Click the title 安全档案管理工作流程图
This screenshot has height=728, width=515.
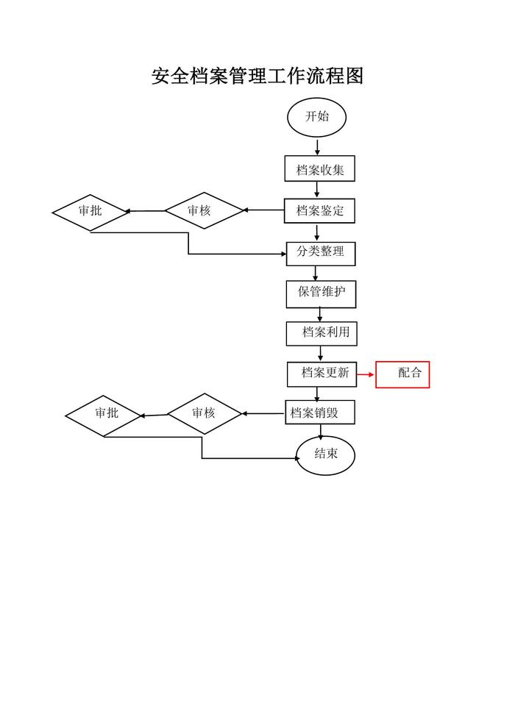tap(257, 76)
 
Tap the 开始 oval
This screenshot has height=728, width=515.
tap(316, 117)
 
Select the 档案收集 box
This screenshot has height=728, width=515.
tap(320, 169)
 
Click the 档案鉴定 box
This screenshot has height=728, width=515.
tap(320, 211)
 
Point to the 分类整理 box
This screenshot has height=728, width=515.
tap(320, 252)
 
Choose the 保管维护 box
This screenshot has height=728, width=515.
tap(321, 293)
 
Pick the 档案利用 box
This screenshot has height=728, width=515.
tap(322, 333)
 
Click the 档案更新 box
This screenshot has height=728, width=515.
tap(322, 374)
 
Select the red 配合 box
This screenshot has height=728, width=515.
tap(402, 374)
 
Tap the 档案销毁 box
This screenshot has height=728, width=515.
tap(320, 413)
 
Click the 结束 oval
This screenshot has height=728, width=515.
tap(325, 454)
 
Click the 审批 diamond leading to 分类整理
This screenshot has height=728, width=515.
tap(90, 211)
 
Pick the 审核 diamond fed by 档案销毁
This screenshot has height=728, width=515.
tap(204, 413)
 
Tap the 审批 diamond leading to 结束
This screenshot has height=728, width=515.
tap(104, 414)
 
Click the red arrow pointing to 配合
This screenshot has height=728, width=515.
tap(366, 374)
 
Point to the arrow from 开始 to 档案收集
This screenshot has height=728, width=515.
tap(317, 147)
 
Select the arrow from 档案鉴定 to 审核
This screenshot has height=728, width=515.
tap(263, 211)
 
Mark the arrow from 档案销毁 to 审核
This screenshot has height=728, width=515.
tap(263, 413)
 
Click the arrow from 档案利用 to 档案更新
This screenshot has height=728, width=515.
tap(321, 353)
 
